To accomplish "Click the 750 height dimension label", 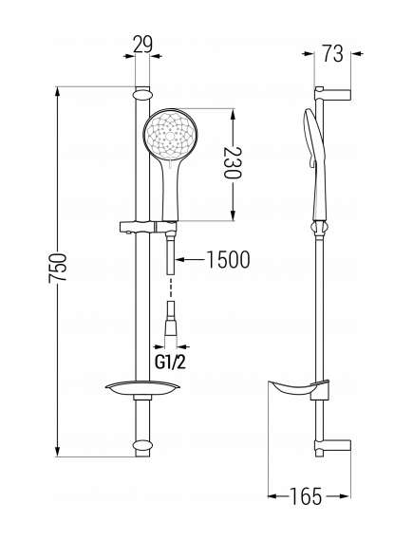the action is tap(57, 269).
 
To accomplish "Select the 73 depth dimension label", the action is tap(332, 54).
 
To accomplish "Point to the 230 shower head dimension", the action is tap(233, 162).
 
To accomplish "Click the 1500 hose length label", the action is tap(228, 260).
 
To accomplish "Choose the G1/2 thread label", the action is tap(170, 362).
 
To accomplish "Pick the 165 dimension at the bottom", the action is tap(306, 496).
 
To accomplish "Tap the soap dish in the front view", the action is tap(142, 388).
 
